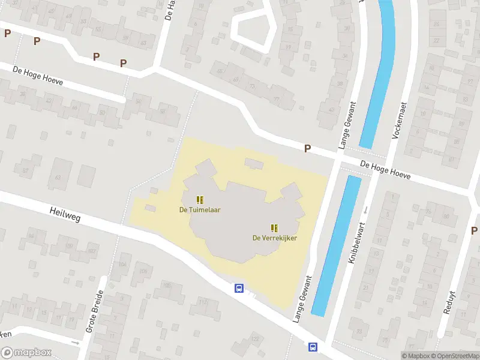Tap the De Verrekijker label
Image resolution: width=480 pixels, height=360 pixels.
click(x=274, y=238)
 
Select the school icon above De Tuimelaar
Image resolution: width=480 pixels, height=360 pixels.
click(x=200, y=199)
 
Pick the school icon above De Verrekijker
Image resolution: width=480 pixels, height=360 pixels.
click(x=274, y=227)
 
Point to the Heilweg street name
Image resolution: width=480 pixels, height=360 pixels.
click(x=64, y=215)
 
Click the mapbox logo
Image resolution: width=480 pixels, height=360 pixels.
click(x=26, y=353)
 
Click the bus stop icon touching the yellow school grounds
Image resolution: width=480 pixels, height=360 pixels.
click(x=239, y=288)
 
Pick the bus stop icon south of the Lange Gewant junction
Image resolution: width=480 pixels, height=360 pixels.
click(x=313, y=347)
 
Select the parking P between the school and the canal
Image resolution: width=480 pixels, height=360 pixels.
click(x=308, y=148)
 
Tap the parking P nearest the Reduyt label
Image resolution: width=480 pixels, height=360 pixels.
click(x=474, y=230)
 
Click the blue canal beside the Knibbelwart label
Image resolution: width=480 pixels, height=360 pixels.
click(x=337, y=246)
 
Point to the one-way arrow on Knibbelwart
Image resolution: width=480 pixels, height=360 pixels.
click(x=366, y=209)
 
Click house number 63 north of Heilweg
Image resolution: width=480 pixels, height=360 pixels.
click(x=58, y=178)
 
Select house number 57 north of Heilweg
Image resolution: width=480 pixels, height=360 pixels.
click(x=26, y=171)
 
